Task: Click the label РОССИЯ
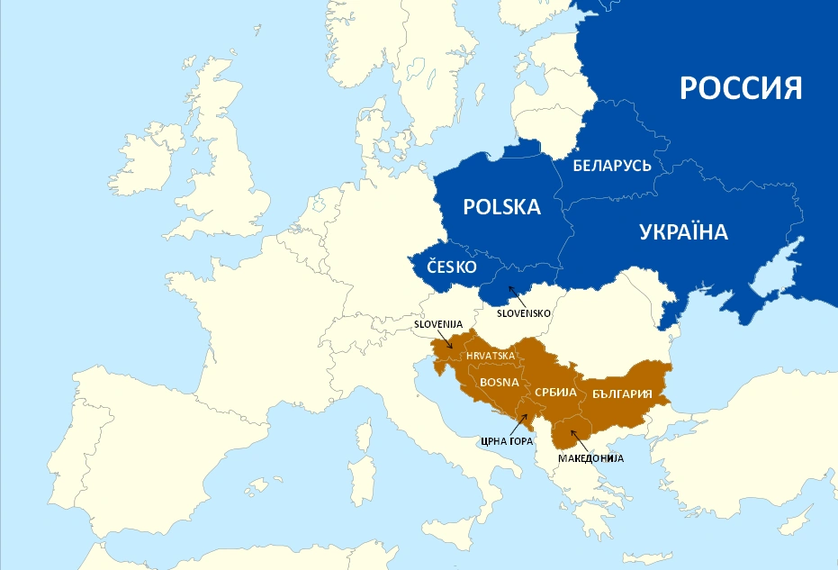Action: click(x=740, y=88)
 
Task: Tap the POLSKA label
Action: click(x=501, y=207)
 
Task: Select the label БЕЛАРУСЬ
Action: click(x=612, y=166)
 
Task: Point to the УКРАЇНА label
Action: click(x=683, y=232)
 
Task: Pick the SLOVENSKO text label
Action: click(x=524, y=312)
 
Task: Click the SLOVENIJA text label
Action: click(x=437, y=323)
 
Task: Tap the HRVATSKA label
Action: click(x=491, y=356)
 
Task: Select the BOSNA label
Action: click(x=499, y=382)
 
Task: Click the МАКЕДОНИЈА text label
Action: click(x=590, y=457)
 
